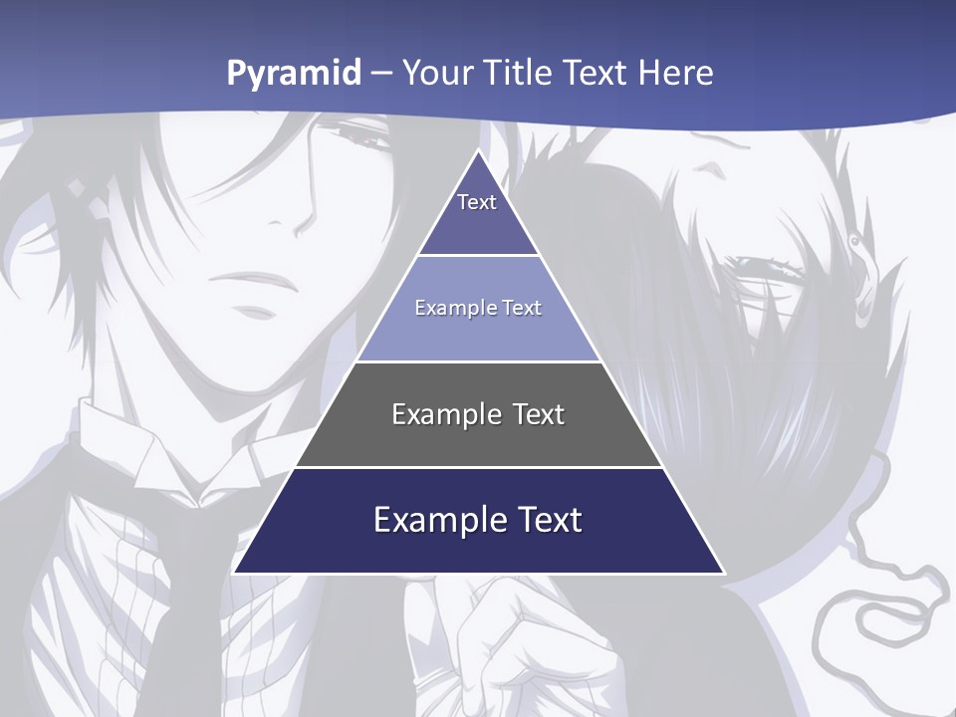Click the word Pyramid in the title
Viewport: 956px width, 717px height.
click(294, 74)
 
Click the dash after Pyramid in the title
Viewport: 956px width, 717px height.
click(381, 74)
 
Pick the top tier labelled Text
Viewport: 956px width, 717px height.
click(477, 214)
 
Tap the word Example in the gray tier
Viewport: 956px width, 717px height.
click(436, 414)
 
